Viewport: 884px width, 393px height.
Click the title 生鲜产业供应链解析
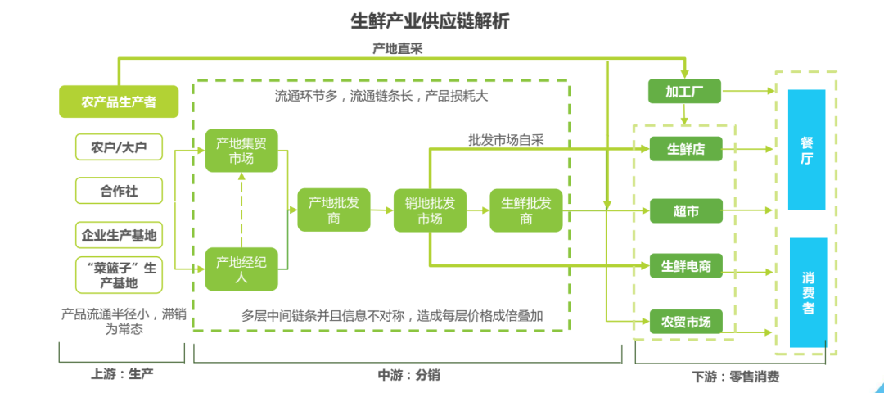pyautogui.click(x=430, y=20)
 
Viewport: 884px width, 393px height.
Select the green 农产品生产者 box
pyautogui.click(x=119, y=102)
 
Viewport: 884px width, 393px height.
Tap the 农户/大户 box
pyautogui.click(x=119, y=147)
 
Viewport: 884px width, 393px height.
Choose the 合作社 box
pyautogui.click(x=119, y=192)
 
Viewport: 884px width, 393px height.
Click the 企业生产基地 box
pyautogui.click(x=119, y=236)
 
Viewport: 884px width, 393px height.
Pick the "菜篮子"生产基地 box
pyautogui.click(x=119, y=275)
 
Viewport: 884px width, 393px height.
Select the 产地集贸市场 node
pyautogui.click(x=241, y=151)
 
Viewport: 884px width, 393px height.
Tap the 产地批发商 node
pyautogui.click(x=333, y=210)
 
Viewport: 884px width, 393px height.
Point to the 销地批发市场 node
pyautogui.click(x=430, y=210)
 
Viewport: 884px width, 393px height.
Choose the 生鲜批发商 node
pyautogui.click(x=526, y=210)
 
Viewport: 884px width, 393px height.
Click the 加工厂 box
pyautogui.click(x=684, y=91)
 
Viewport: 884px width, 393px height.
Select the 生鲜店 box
pyautogui.click(x=686, y=149)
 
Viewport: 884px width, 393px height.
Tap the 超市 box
pyautogui.click(x=686, y=211)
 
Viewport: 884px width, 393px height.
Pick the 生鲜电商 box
pyautogui.click(x=686, y=266)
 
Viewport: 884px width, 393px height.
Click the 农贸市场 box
pyautogui.click(x=686, y=321)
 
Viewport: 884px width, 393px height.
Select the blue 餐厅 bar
pyautogui.click(x=807, y=150)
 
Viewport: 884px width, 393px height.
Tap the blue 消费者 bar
pyautogui.click(x=807, y=291)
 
